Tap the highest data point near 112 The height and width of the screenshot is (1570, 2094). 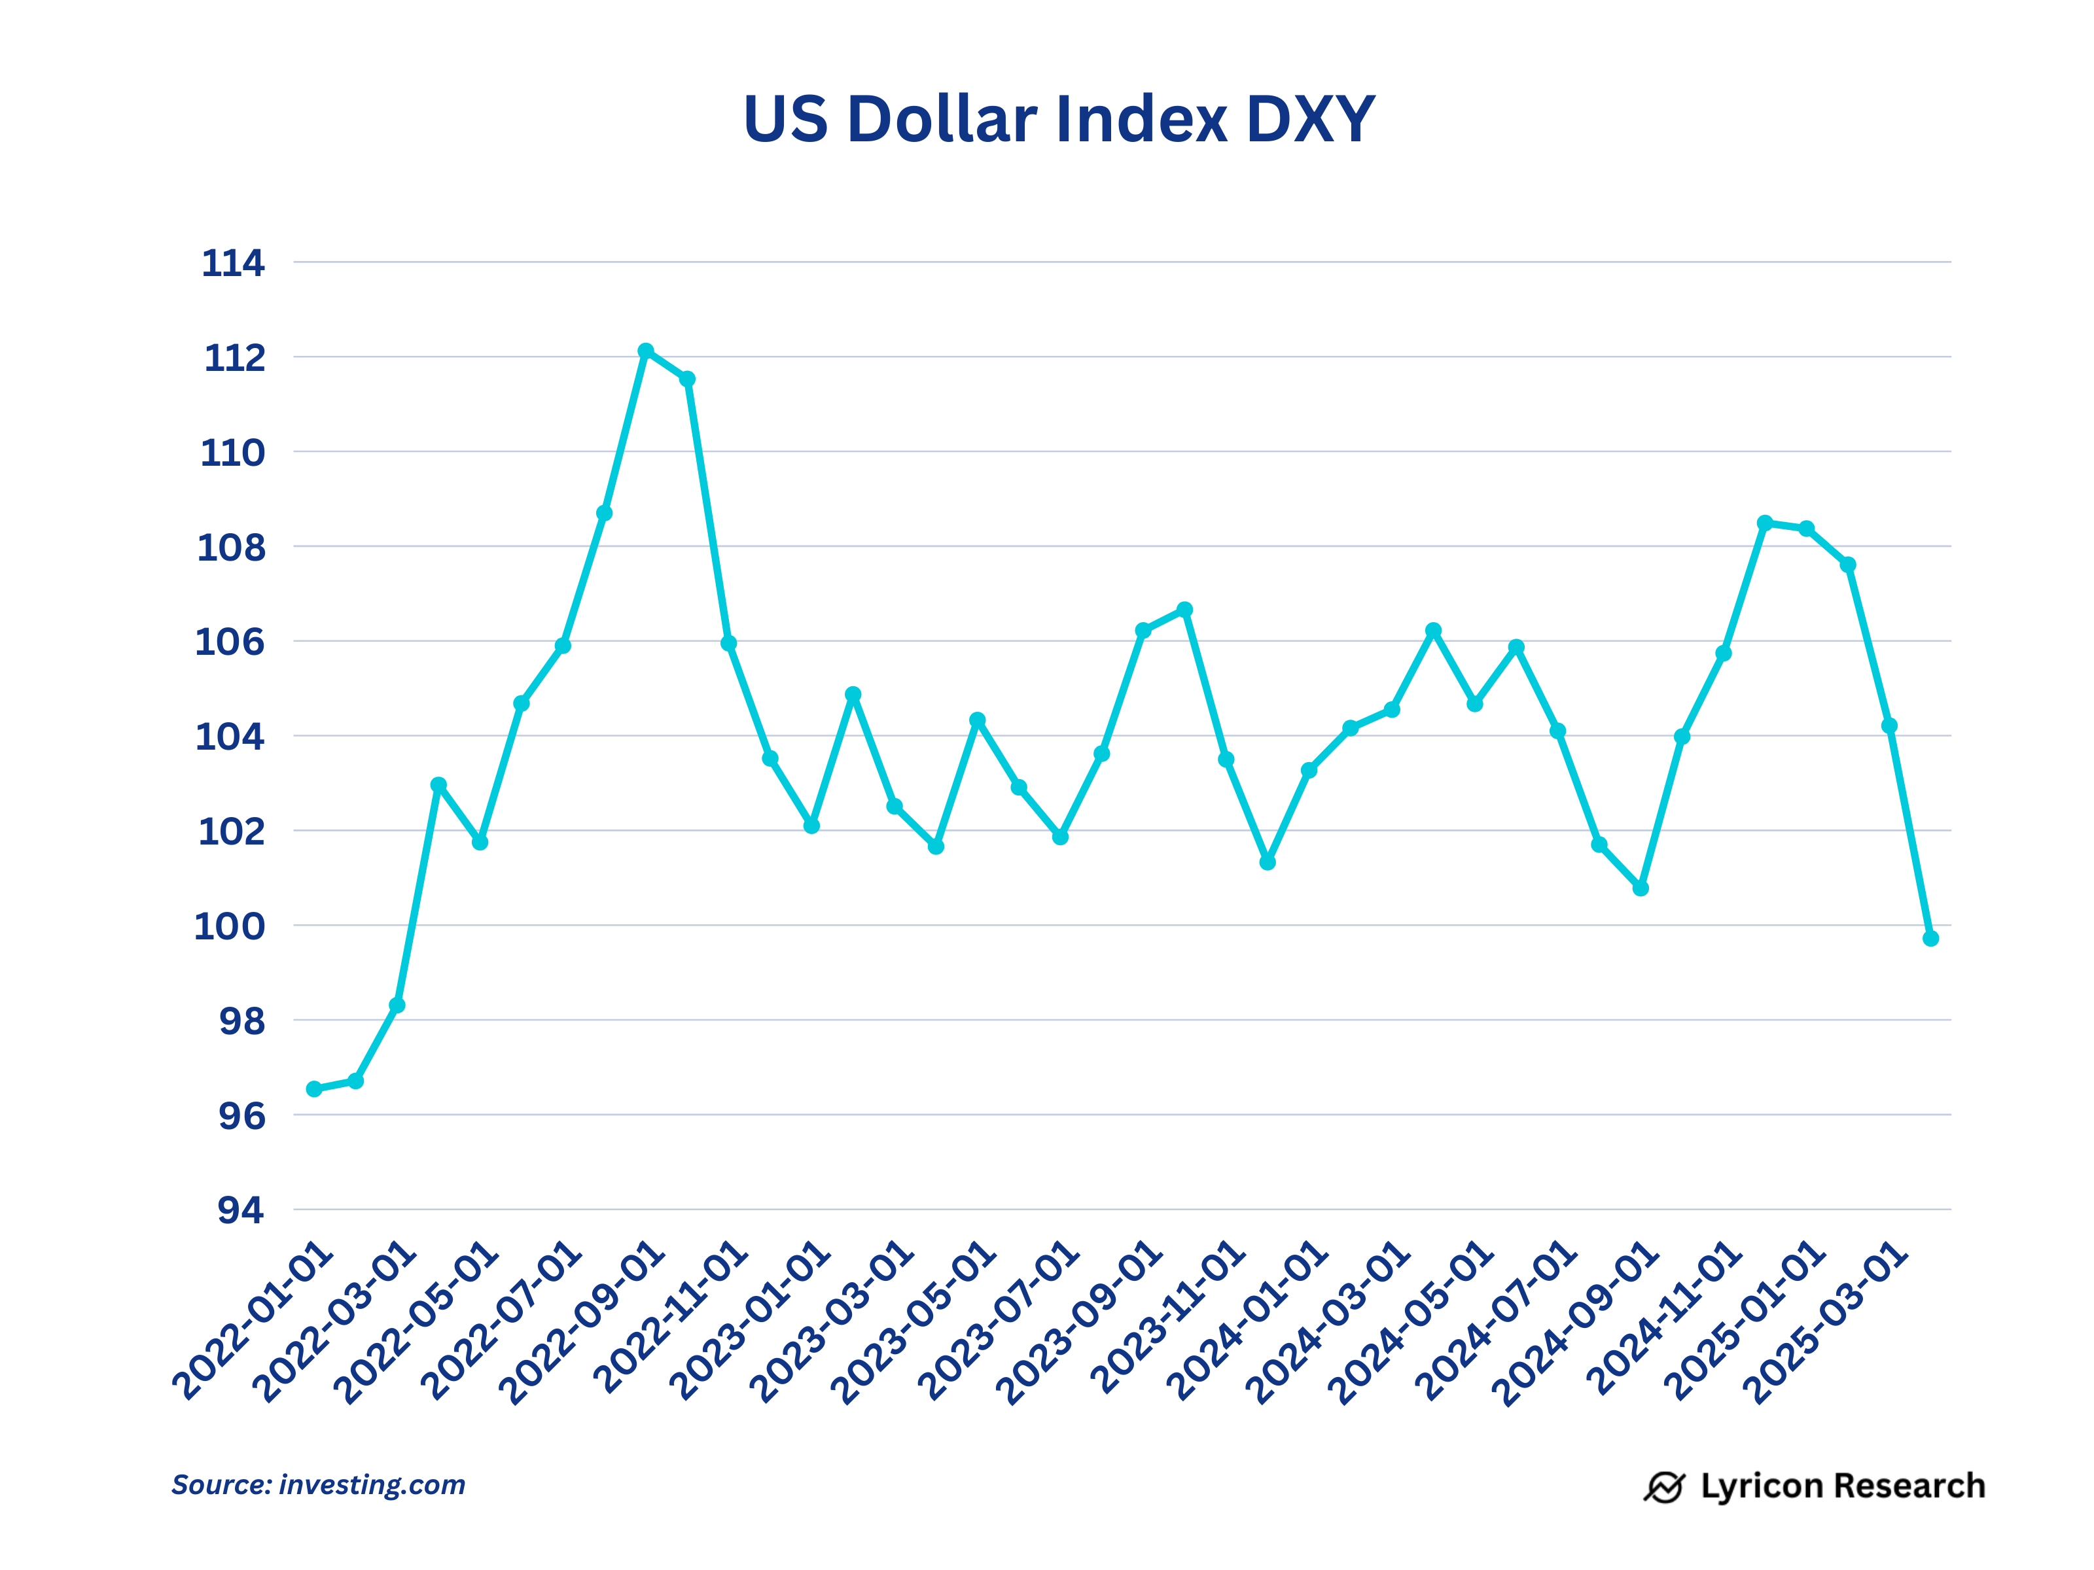[x=646, y=351]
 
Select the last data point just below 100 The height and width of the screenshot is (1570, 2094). [x=1930, y=938]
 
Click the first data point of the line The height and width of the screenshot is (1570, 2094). [x=314, y=1089]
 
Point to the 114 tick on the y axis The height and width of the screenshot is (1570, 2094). [x=233, y=263]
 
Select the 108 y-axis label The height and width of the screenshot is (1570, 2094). [x=231, y=548]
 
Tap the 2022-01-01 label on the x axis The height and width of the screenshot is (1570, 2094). [x=254, y=1322]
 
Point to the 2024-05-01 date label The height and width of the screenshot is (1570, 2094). [x=1411, y=1323]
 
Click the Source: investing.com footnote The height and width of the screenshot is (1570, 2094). [x=318, y=1485]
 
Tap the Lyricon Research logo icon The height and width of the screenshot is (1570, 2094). [x=1663, y=1487]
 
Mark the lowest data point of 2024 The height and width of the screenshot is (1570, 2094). [x=1641, y=888]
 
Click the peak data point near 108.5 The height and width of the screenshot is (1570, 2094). [x=1765, y=523]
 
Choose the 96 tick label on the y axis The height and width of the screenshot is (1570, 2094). [x=242, y=1117]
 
